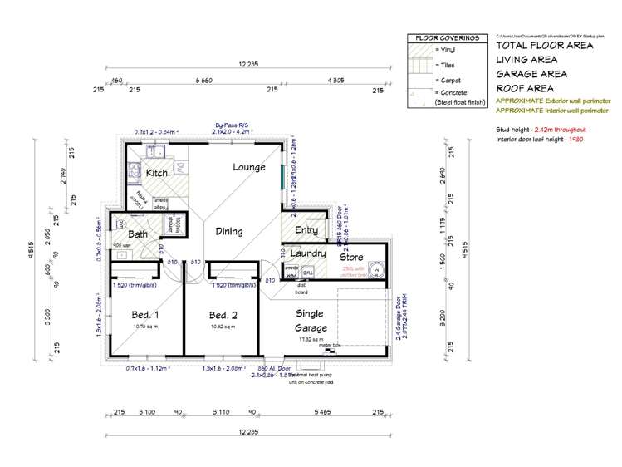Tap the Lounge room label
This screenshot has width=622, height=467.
point(249,167)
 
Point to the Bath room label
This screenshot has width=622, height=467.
point(137,234)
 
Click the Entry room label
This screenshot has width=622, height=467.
point(306,230)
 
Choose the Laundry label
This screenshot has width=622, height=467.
point(307,253)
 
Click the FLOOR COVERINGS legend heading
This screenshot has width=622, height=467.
point(447,38)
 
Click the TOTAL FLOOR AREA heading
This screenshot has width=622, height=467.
point(544,46)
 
